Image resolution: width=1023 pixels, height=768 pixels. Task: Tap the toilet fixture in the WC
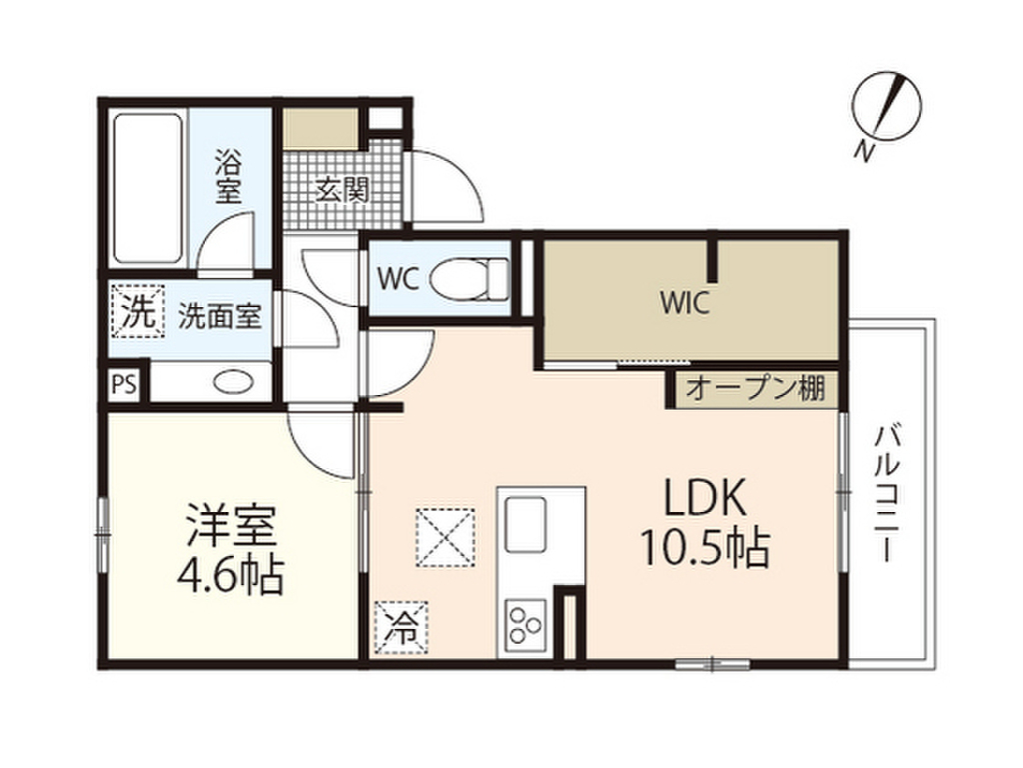(471, 278)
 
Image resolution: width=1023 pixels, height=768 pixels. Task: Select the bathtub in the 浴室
(148, 189)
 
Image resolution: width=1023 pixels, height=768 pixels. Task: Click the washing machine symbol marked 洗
(138, 311)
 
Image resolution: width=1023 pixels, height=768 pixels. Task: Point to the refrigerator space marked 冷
(402, 628)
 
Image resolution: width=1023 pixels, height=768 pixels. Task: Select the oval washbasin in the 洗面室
(235, 381)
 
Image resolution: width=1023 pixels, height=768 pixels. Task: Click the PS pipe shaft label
(124, 384)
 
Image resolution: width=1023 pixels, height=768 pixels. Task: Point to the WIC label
(684, 303)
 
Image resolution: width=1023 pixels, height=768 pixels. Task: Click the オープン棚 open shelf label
(755, 389)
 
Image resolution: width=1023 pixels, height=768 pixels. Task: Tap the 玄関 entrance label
(343, 190)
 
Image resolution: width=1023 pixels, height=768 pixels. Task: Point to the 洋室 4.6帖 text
(231, 549)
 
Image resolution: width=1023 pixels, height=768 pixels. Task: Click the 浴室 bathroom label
(229, 176)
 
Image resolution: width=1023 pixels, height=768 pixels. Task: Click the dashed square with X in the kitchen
(445, 537)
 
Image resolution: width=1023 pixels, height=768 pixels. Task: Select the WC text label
(398, 280)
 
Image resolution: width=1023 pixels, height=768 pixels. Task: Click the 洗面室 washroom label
(220, 317)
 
